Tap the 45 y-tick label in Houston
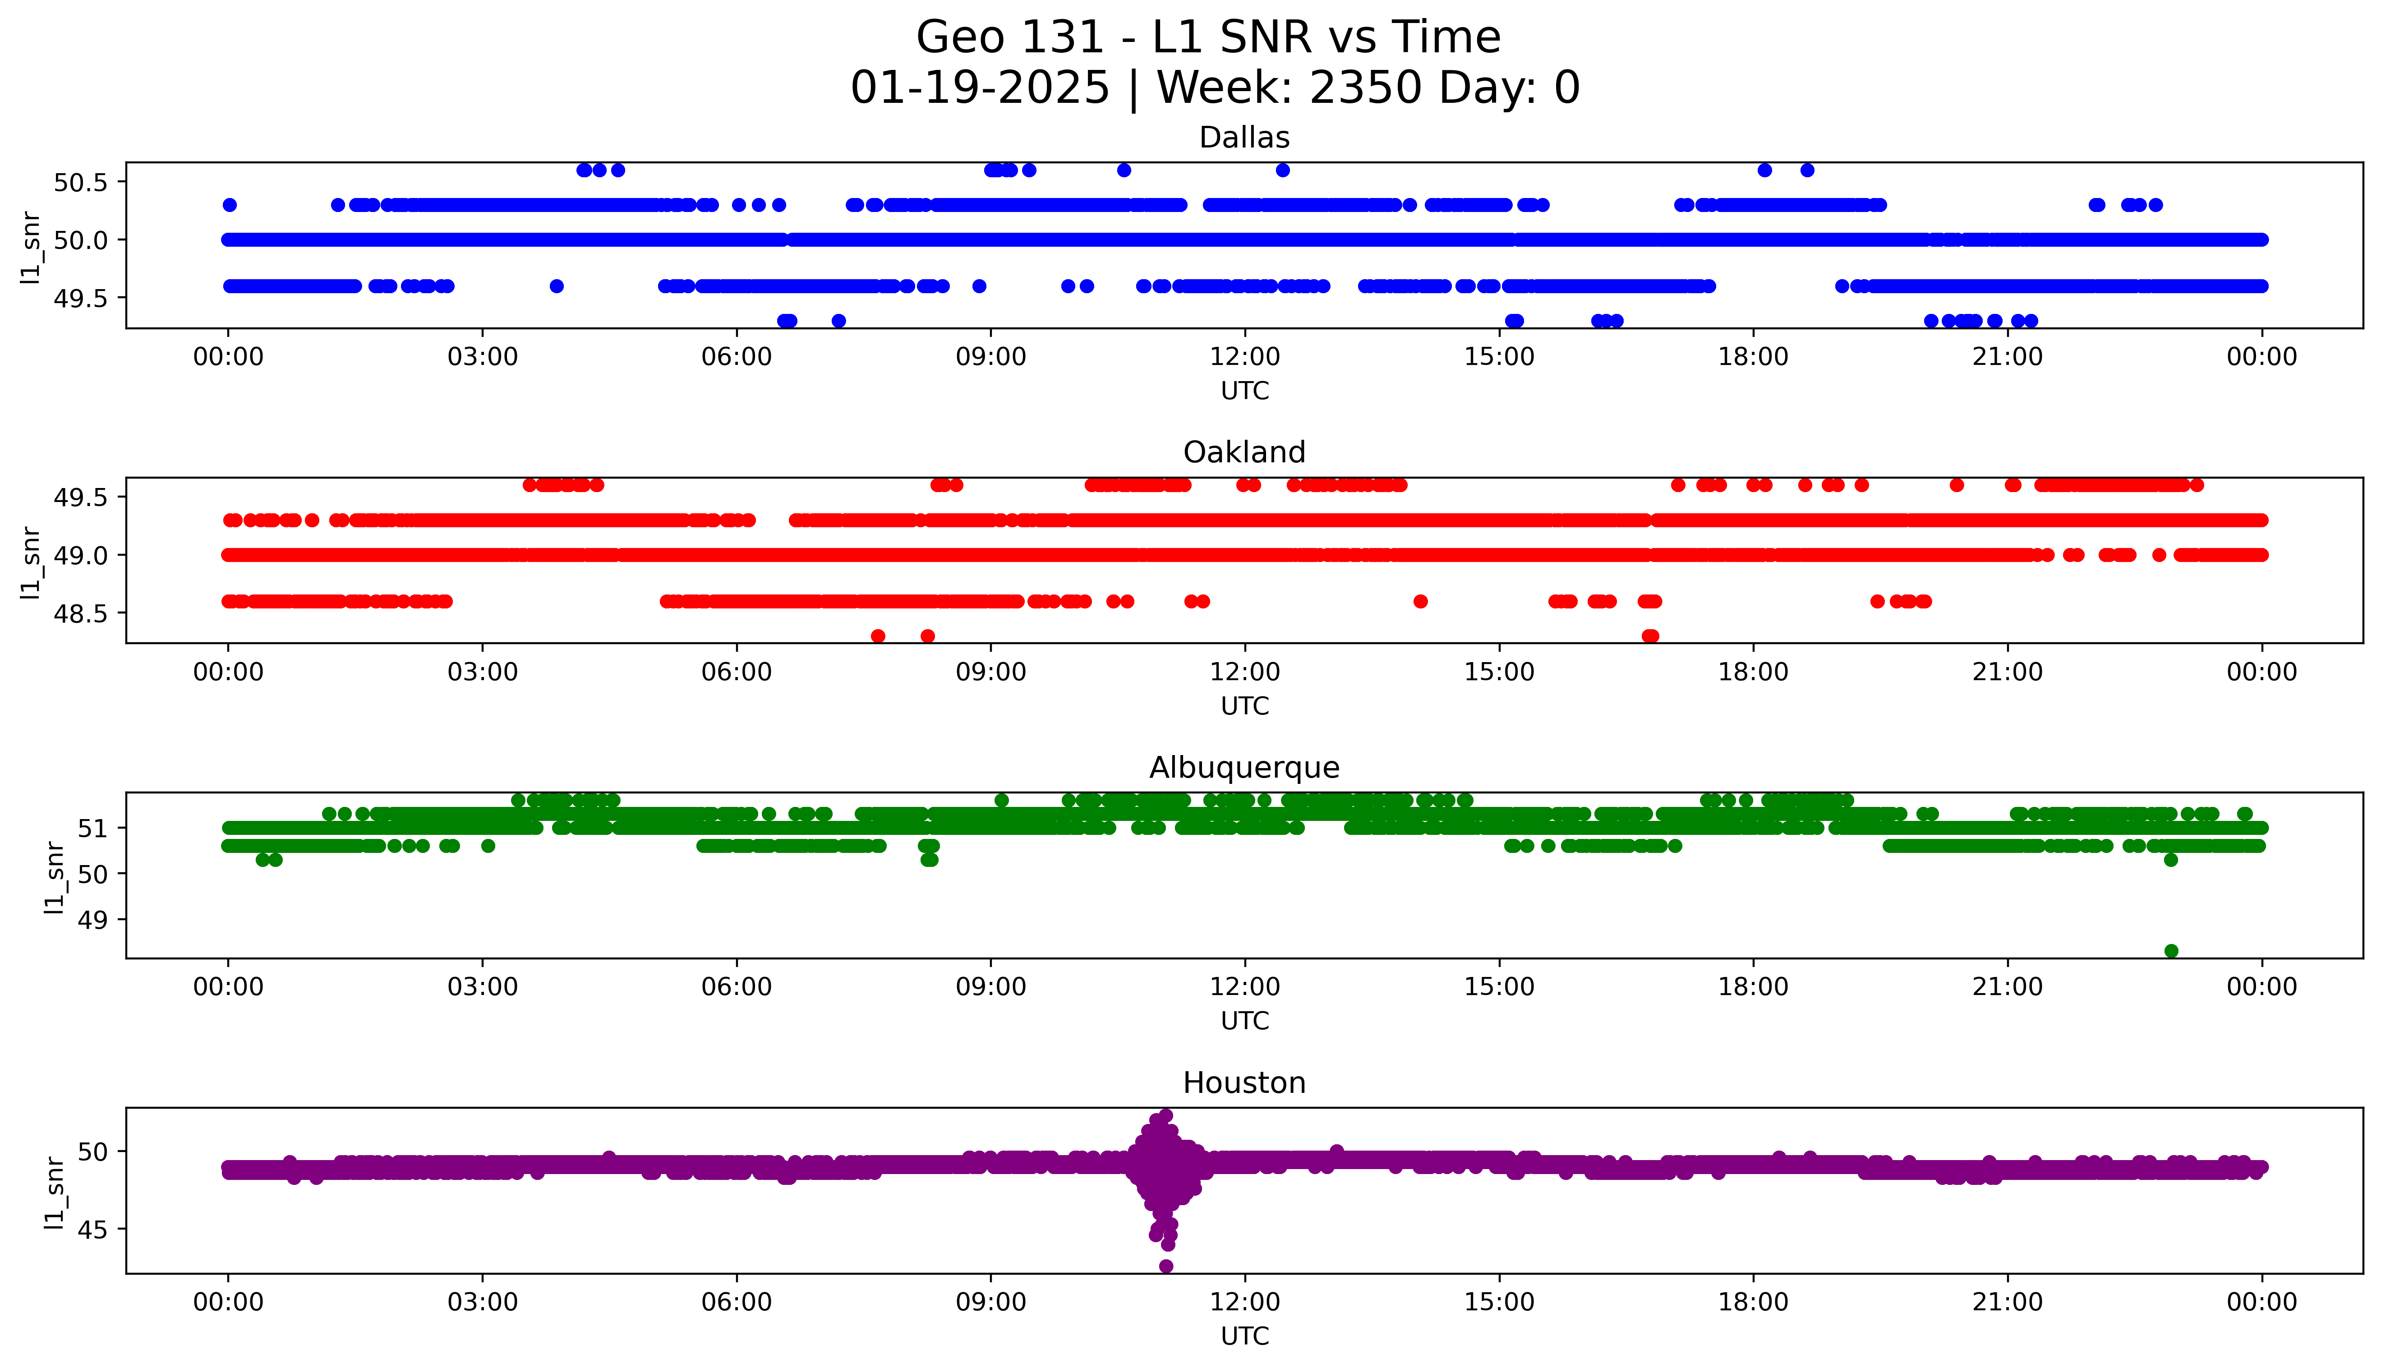click(93, 1230)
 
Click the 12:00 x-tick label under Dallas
click(1244, 357)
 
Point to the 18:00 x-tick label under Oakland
click(1753, 672)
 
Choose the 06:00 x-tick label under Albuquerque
click(737, 986)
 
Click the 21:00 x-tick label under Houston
click(2007, 1302)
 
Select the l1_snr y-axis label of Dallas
click(31, 246)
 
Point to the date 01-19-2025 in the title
click(980, 88)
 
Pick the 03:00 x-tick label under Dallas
click(483, 357)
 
